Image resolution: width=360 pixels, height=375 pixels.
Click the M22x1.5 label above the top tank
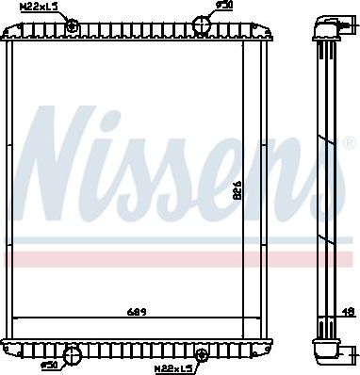[x=39, y=7]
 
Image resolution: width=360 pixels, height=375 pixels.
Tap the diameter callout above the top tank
[x=223, y=6]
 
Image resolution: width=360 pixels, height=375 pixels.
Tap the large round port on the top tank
[x=205, y=24]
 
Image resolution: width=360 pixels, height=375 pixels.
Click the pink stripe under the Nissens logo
[x=179, y=257]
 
